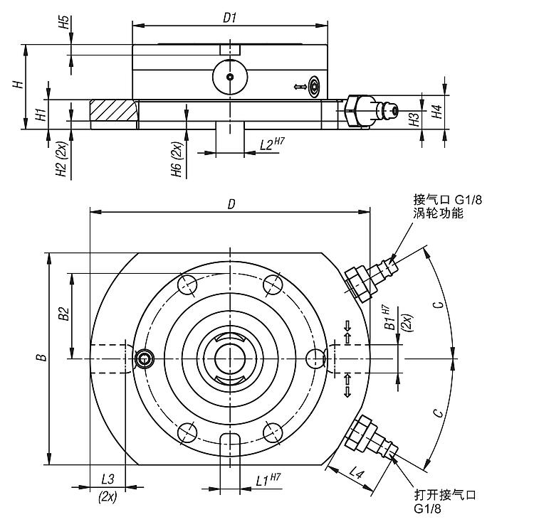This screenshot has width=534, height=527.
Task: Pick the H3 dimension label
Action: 414,119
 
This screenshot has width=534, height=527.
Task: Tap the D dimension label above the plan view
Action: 231,204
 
